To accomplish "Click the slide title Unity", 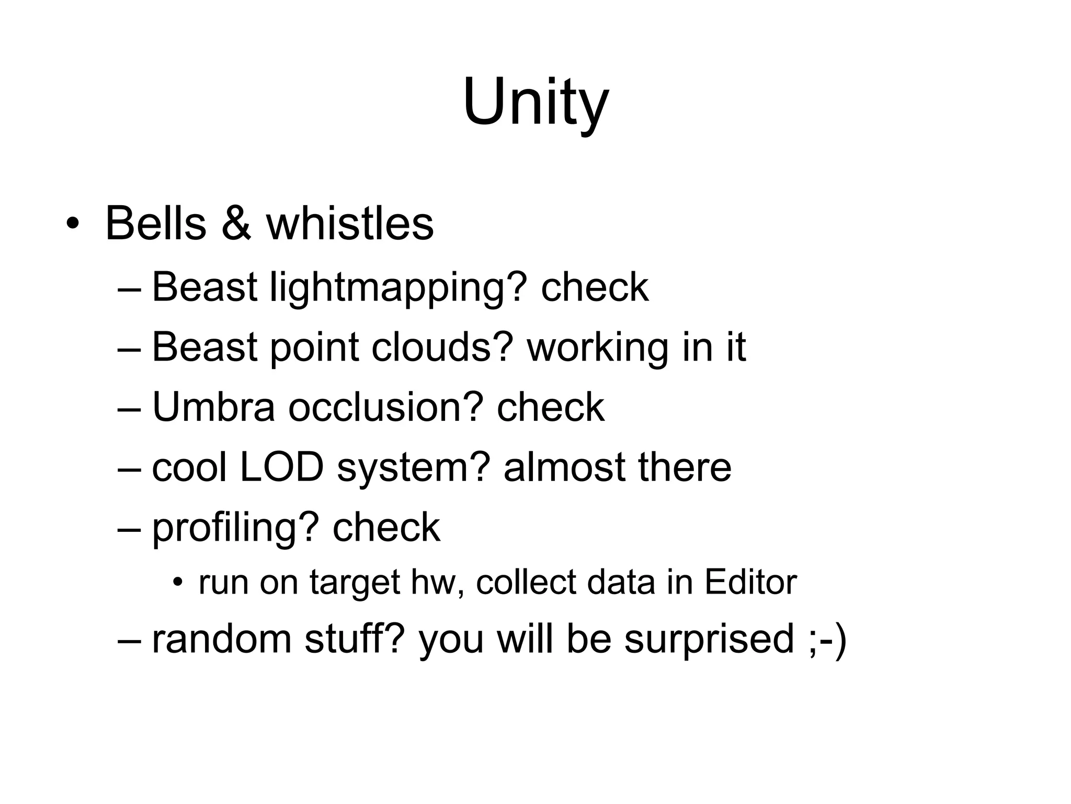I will (535, 102).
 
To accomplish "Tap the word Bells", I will (155, 224).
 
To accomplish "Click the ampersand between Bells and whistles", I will (236, 224).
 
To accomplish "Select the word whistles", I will (350, 224).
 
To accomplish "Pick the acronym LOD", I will (282, 467).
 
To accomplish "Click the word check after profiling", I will (386, 527).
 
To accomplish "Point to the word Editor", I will (750, 582).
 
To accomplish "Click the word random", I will (222, 639).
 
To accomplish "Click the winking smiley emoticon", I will (827, 640).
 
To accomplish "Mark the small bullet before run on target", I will (179, 583).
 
